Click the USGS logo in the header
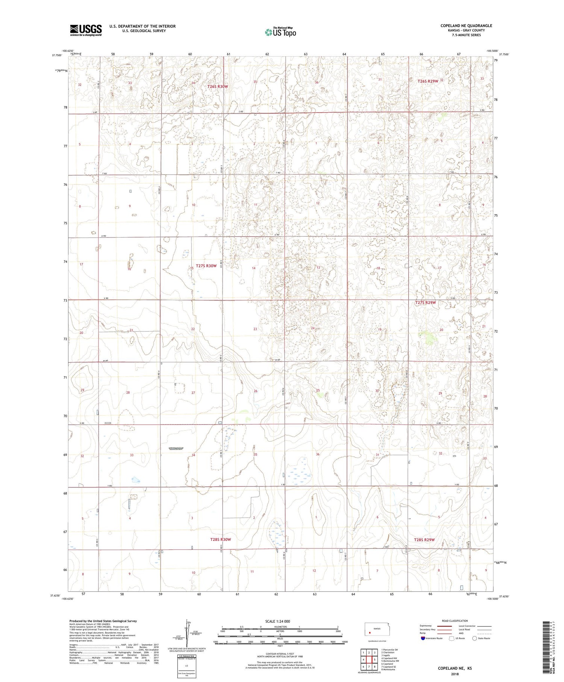pyautogui.click(x=86, y=30)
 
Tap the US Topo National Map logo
pyautogui.click(x=280, y=32)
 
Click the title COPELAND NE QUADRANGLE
pyautogui.click(x=466, y=26)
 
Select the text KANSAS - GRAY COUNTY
pyautogui.click(x=466, y=30)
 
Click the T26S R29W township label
pyautogui.click(x=428, y=81)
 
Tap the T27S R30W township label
pyautogui.click(x=206, y=266)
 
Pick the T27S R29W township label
pyautogui.click(x=425, y=302)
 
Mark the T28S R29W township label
pyautogui.click(x=424, y=540)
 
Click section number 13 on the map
pyautogui.click(x=318, y=267)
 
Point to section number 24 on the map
pyautogui.click(x=313, y=328)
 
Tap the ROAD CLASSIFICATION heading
pyautogui.click(x=455, y=621)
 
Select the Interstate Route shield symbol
pyautogui.click(x=423, y=638)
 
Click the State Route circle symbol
pyautogui.click(x=475, y=638)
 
